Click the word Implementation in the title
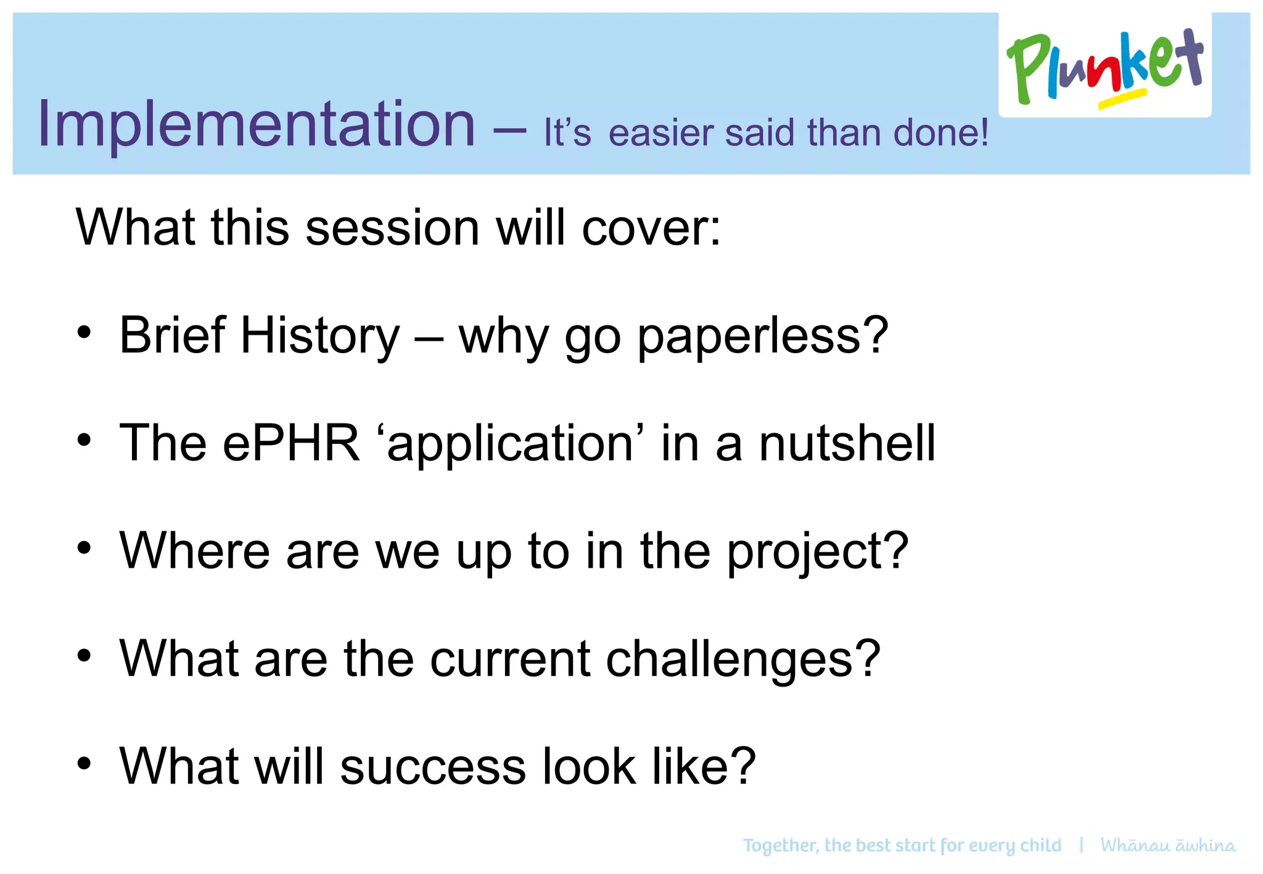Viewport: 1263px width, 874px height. tap(256, 125)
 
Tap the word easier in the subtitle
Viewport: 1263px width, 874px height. tap(661, 133)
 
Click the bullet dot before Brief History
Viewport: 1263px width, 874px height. tap(84, 332)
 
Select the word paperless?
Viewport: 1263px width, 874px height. tap(762, 337)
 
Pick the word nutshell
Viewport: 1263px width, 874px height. tap(847, 443)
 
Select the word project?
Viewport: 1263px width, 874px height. tap(817, 552)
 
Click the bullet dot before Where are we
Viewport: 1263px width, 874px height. tap(84, 548)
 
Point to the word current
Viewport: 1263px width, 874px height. tap(510, 659)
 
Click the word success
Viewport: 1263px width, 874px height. tap(433, 767)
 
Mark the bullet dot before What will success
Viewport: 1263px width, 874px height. tap(84, 764)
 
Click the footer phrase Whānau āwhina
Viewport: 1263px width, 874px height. tap(1168, 845)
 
